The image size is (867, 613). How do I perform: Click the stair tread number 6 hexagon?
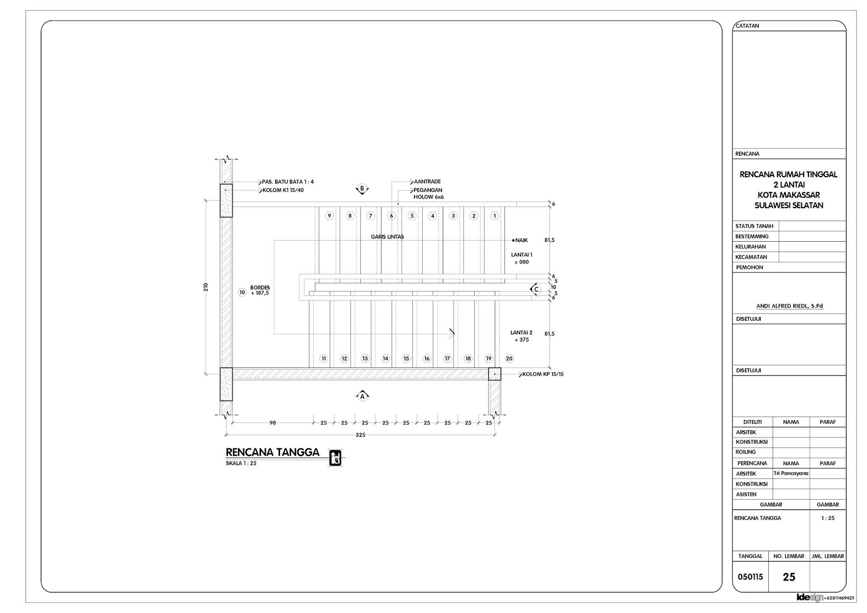[x=391, y=216]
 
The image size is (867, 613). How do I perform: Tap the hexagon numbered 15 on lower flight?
[x=406, y=358]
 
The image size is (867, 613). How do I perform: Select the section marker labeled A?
[x=362, y=396]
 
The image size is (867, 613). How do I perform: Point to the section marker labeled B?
[x=362, y=189]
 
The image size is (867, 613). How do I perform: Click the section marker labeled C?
[x=536, y=289]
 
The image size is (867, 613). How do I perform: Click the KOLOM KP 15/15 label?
[x=543, y=374]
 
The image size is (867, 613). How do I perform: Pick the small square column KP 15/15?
[x=494, y=374]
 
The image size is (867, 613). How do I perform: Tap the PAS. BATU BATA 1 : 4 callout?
[x=288, y=182]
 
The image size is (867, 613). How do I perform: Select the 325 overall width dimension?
[x=359, y=435]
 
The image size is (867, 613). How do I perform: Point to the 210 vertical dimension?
[x=206, y=287]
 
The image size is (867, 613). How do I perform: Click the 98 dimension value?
[x=273, y=423]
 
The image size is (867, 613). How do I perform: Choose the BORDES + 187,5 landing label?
[x=260, y=290]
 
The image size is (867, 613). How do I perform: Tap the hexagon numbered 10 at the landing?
[x=242, y=292]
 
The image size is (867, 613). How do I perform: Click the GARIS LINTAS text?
[x=387, y=237]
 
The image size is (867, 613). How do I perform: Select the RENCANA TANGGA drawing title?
[x=272, y=453]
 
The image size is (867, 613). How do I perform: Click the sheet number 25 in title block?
[x=789, y=577]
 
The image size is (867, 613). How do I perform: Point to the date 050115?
[x=750, y=577]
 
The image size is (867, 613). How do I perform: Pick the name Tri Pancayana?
[x=791, y=473]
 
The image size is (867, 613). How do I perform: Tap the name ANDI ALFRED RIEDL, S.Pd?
[x=790, y=306]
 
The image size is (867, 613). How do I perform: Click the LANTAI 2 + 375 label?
[x=521, y=336]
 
